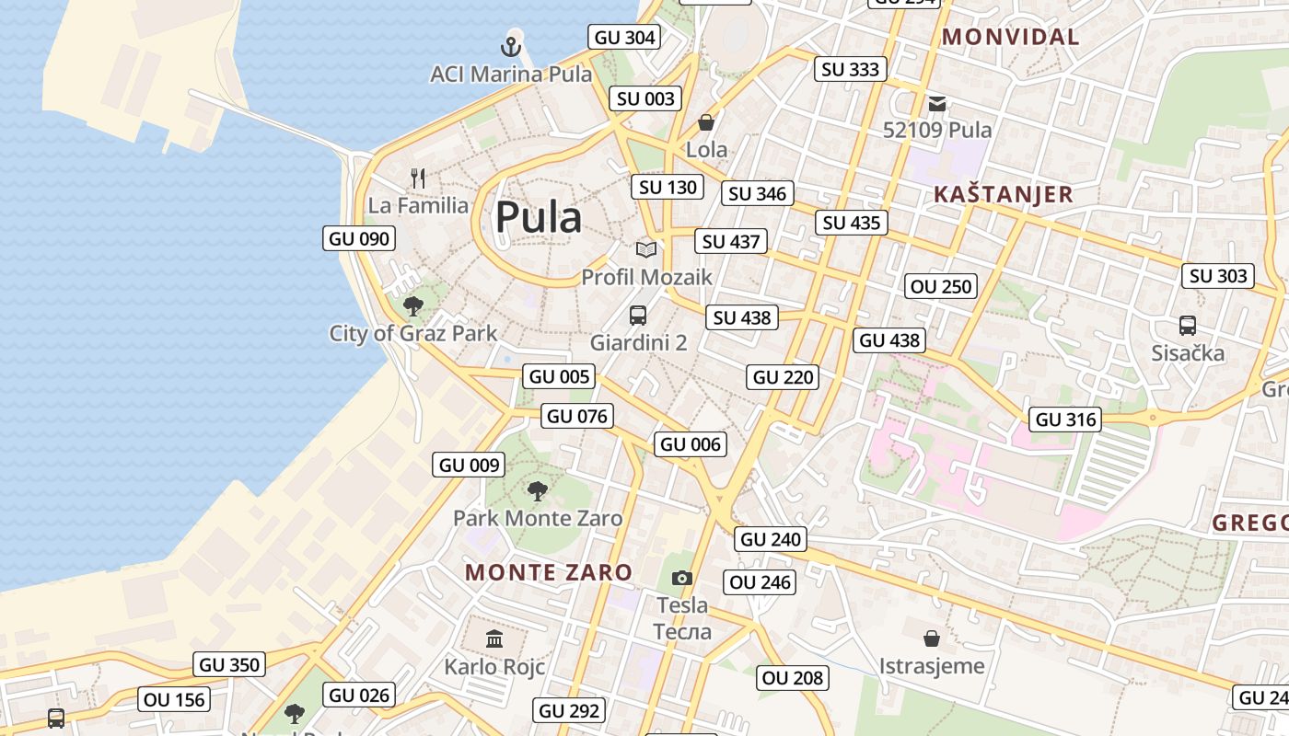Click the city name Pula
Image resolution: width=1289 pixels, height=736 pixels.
pos(539,218)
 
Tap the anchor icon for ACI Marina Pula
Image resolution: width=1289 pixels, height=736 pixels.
pos(511,45)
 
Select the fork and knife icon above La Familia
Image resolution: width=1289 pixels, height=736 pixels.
pos(418,178)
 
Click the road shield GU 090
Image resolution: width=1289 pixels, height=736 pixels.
pos(360,238)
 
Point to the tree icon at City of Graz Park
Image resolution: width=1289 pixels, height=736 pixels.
pos(413,305)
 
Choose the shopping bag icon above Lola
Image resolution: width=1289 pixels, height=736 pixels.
pos(706,122)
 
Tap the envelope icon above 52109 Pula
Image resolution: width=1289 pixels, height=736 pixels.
pos(937,103)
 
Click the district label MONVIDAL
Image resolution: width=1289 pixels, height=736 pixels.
pos(1011,37)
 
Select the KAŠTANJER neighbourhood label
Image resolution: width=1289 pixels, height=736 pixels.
pos(1004,194)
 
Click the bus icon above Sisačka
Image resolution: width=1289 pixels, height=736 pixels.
pos(1188,326)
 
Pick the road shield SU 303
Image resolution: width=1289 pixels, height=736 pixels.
pos(1218,275)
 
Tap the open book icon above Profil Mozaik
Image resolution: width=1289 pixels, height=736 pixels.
pos(646,249)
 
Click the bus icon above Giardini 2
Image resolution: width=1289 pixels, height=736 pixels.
pos(638,316)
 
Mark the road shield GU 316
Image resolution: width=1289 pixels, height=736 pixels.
pos(1066,420)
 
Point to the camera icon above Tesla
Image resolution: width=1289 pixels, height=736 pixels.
pos(681,578)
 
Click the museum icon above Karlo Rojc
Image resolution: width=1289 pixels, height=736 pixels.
pos(494,638)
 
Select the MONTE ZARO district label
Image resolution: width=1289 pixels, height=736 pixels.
pos(549,572)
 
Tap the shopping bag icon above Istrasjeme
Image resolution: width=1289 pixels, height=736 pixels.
pos(932,638)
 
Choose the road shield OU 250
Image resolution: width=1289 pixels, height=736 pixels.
pos(941,286)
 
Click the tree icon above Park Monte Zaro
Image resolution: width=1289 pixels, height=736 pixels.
pos(538,490)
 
